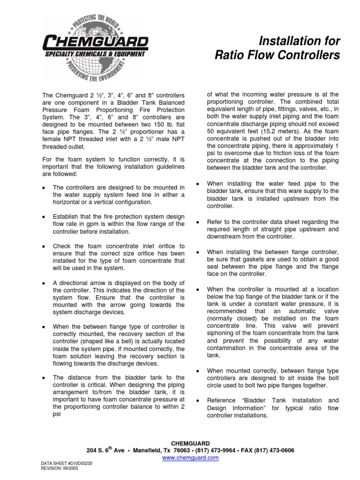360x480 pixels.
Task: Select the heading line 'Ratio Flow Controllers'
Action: click(277, 56)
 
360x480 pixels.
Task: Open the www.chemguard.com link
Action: click(180, 457)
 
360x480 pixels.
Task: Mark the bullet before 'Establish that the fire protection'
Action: click(43, 217)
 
